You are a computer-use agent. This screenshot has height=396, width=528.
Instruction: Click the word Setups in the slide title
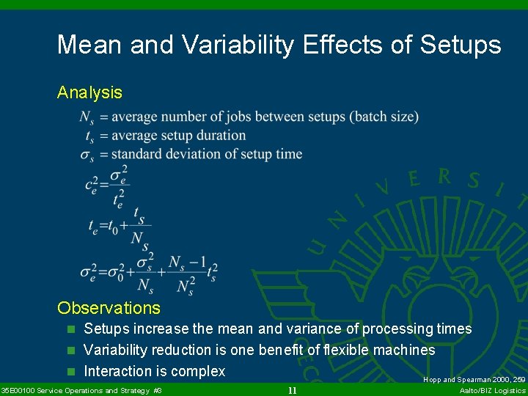pyautogui.click(x=461, y=45)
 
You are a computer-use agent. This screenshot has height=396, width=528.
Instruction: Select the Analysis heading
pyautogui.click(x=89, y=92)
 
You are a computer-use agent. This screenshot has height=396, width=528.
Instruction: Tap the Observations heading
pyautogui.click(x=109, y=308)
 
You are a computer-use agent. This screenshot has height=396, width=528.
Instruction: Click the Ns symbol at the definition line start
pyautogui.click(x=87, y=117)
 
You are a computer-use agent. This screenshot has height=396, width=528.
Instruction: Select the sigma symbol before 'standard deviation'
pyautogui.click(x=87, y=155)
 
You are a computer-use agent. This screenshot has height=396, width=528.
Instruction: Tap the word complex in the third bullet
pyautogui.click(x=198, y=372)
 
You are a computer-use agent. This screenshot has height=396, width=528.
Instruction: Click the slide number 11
pyautogui.click(x=292, y=390)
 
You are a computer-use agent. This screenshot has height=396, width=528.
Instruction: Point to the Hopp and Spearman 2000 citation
pyautogui.click(x=474, y=380)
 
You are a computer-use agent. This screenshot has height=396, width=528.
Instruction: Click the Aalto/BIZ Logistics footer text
pyautogui.click(x=492, y=390)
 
